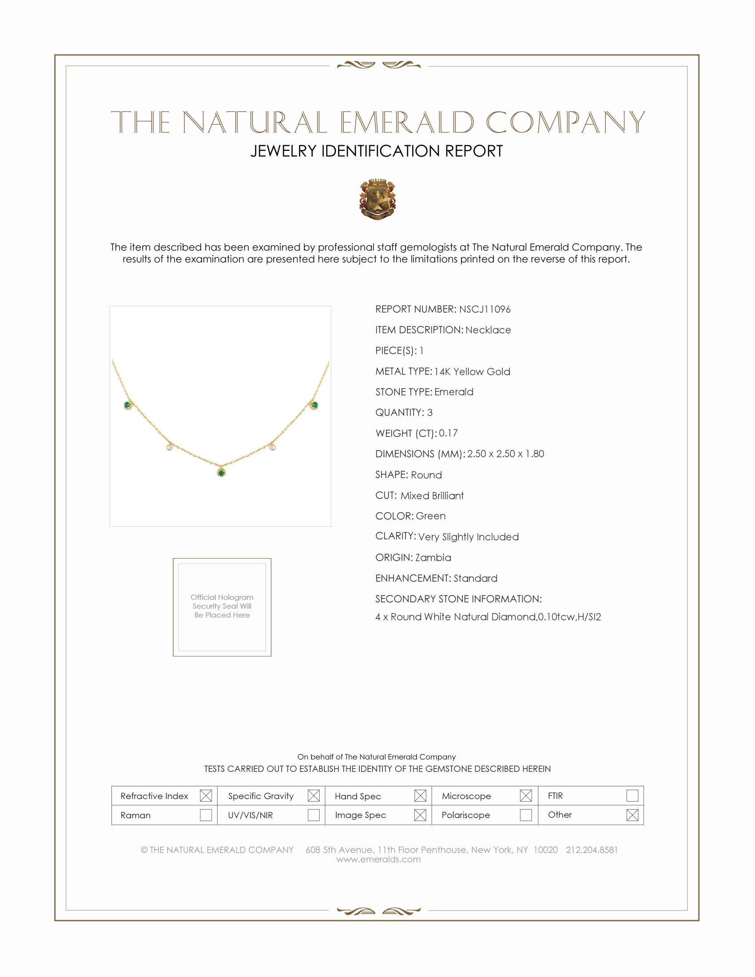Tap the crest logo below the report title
[377, 199]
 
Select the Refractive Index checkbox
[206, 795]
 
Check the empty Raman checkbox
[206, 814]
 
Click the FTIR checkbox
[632, 795]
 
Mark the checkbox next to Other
[632, 814]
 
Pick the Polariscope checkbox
[525, 814]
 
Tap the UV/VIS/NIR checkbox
[314, 814]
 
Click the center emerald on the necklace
[221, 473]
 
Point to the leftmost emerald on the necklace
[127, 405]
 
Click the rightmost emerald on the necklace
[314, 405]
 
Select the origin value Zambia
[433, 557]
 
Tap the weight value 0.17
[448, 433]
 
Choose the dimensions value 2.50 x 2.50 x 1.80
[505, 453]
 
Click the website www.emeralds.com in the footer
[378, 859]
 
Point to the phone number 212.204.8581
[591, 850]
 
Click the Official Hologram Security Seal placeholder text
[222, 606]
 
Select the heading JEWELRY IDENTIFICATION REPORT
[377, 151]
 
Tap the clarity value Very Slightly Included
[468, 536]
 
